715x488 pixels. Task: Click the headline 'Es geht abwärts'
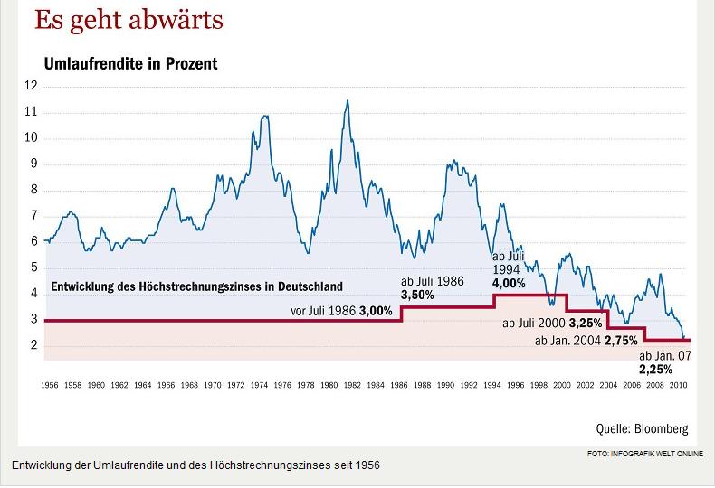pyautogui.click(x=129, y=20)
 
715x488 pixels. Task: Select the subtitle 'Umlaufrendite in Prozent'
pyautogui.click(x=130, y=64)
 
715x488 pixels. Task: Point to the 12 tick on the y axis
pyautogui.click(x=32, y=86)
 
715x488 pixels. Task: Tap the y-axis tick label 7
pyautogui.click(x=34, y=216)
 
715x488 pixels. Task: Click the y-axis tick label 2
pyautogui.click(x=34, y=346)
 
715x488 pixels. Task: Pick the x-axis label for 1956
pyautogui.click(x=50, y=385)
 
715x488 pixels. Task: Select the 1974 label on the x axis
pyautogui.click(x=259, y=385)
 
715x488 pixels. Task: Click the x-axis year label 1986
pyautogui.click(x=398, y=385)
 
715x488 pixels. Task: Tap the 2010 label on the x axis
pyautogui.click(x=677, y=385)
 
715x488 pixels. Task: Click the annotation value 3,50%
pyautogui.click(x=417, y=295)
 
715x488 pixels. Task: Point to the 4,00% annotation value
pyautogui.click(x=509, y=283)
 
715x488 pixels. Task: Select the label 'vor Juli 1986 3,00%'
pyautogui.click(x=341, y=311)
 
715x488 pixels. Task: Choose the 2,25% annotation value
pyautogui.click(x=655, y=370)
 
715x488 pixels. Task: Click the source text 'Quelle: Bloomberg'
pyautogui.click(x=642, y=428)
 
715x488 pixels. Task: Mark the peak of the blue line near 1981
pyautogui.click(x=347, y=100)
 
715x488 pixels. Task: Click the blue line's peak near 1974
pyautogui.click(x=264, y=116)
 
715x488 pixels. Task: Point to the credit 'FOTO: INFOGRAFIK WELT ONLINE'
pyautogui.click(x=644, y=454)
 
